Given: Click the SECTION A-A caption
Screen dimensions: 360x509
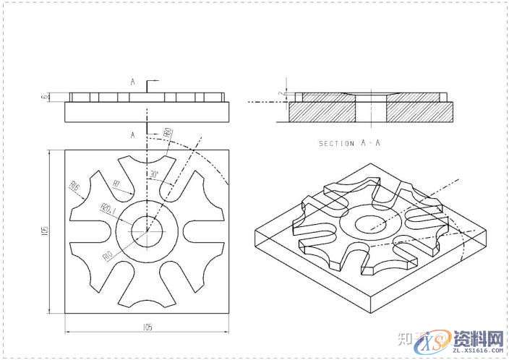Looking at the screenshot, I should (x=349, y=143).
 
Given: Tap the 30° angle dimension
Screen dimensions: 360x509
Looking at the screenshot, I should (x=153, y=175).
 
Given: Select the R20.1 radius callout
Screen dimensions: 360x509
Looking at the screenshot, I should (x=107, y=210).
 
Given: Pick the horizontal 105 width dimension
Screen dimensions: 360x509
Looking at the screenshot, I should (x=147, y=327).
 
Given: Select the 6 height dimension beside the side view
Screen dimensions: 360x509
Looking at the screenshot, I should (x=44, y=96).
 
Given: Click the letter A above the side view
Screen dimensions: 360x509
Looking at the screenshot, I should (x=133, y=82).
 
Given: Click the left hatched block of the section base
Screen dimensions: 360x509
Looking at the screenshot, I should (x=322, y=111).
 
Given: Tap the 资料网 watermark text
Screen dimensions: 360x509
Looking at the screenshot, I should (x=478, y=338).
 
